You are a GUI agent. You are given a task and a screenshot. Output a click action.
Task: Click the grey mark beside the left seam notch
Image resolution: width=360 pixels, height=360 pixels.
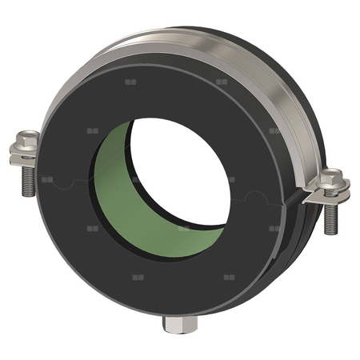tap(47, 180)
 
